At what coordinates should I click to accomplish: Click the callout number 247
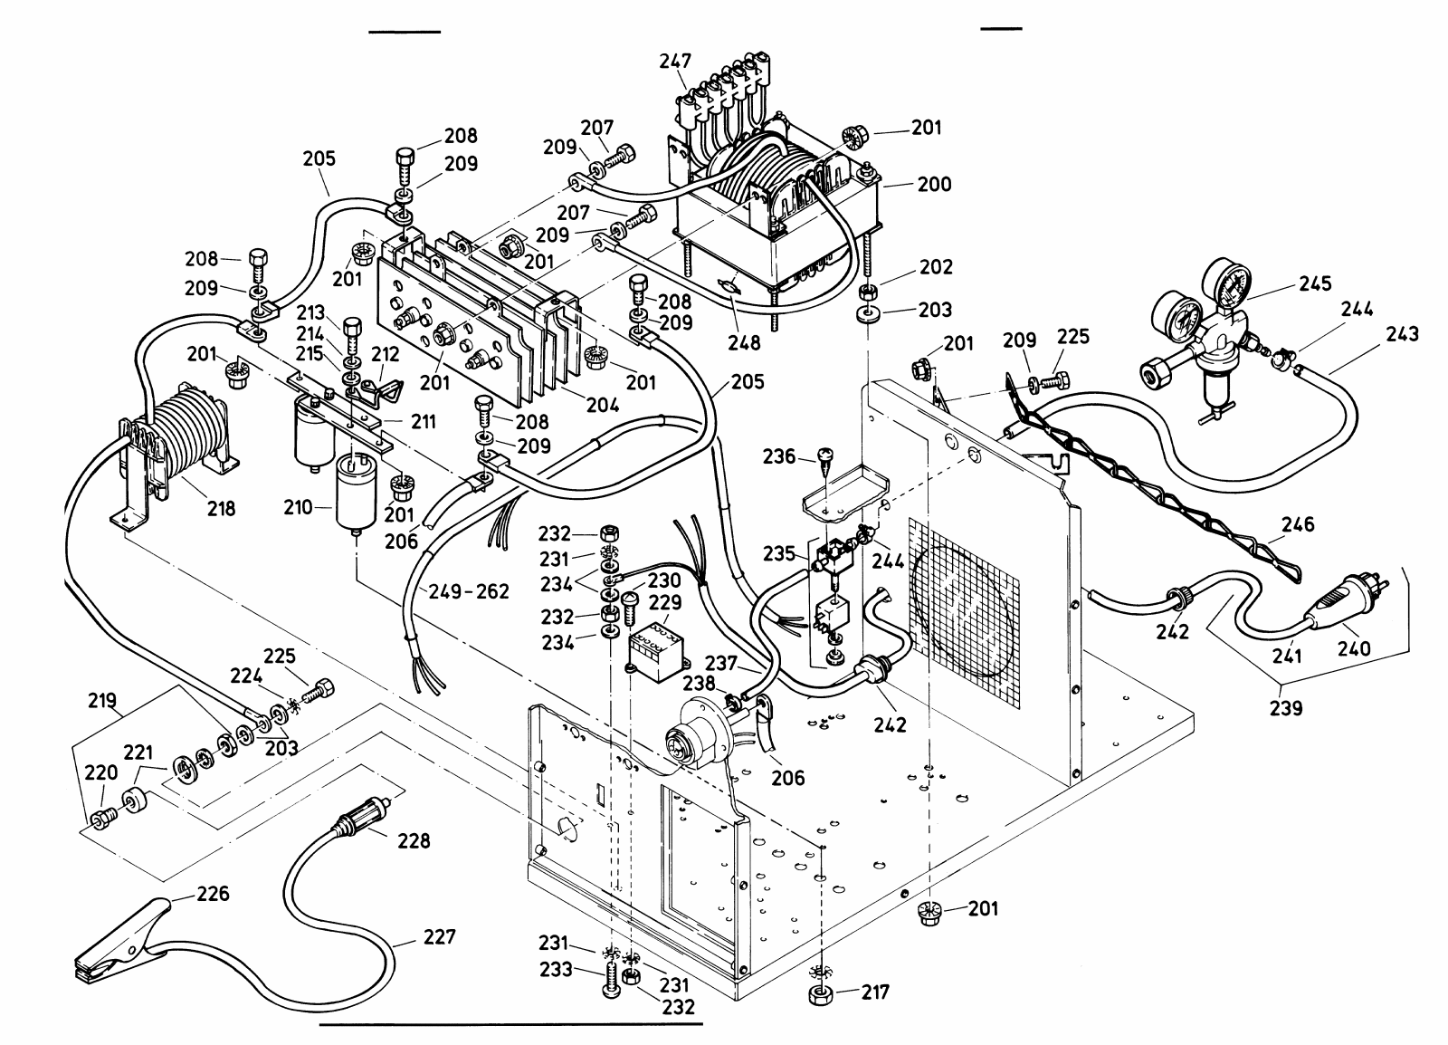pos(675,61)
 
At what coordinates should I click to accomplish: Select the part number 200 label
pos(935,185)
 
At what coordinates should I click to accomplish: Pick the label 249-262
pos(471,591)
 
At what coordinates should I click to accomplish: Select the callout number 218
pos(220,508)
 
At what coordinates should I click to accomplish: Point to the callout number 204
pos(601,405)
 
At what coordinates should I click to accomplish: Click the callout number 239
pos(1286,707)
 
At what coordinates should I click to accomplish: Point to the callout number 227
pos(438,936)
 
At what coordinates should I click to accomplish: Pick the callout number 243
pos(1401,334)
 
